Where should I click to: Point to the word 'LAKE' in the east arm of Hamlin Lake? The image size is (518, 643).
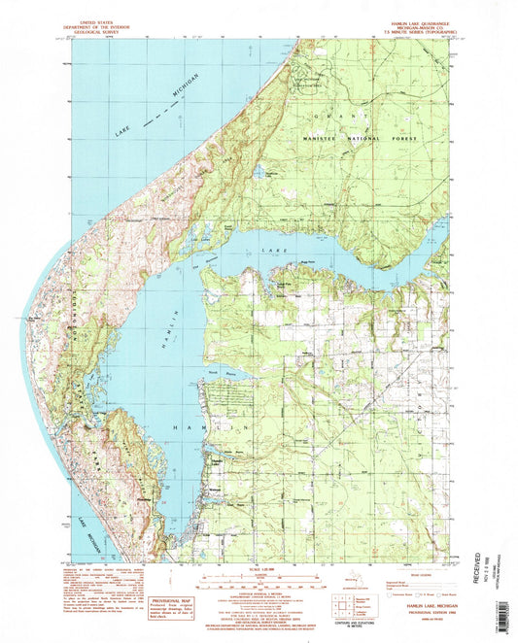pos(276,252)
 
